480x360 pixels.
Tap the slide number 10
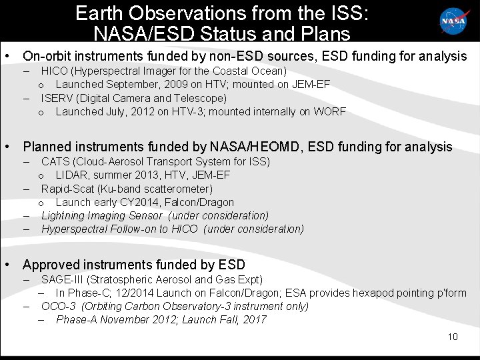(453, 337)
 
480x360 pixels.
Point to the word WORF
(331, 111)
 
